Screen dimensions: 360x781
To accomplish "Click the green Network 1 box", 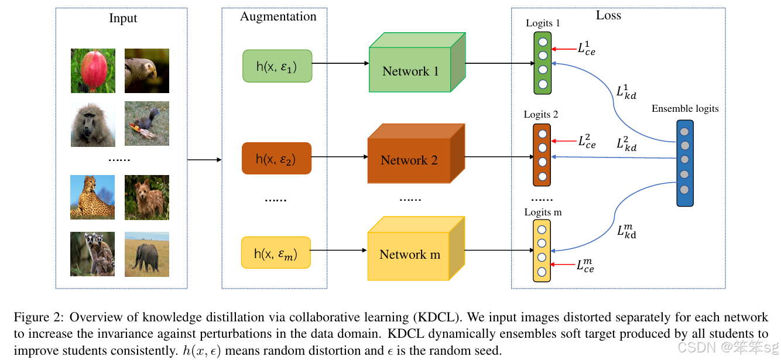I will pyautogui.click(x=410, y=71).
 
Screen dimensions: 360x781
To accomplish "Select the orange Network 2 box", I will pyautogui.click(x=409, y=160).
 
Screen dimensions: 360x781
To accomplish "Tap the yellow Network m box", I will pyautogui.click(x=409, y=255).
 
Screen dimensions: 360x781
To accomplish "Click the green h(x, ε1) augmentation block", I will pyautogui.click(x=277, y=66).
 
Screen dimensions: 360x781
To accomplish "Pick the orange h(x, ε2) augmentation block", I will pyautogui.click(x=276, y=159).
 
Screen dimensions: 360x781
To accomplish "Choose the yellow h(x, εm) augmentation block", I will pyautogui.click(x=276, y=253).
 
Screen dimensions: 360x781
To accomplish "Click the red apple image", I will pyautogui.click(x=93, y=71).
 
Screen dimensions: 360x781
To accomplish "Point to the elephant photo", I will pyautogui.click(x=147, y=254).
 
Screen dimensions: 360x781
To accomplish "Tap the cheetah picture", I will pyautogui.click(x=93, y=197).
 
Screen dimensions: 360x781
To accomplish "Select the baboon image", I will pyautogui.click(x=93, y=124).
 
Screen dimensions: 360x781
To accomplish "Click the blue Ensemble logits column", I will pyautogui.click(x=684, y=163).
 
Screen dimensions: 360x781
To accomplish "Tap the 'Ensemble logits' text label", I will pyautogui.click(x=684, y=109).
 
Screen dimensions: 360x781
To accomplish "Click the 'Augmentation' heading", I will pyautogui.click(x=278, y=16).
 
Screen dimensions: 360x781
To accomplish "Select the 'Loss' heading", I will pyautogui.click(x=608, y=15).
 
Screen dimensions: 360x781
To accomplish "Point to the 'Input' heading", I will pyautogui.click(x=123, y=18).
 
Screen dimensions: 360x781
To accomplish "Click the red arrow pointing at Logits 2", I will pyautogui.click(x=563, y=141).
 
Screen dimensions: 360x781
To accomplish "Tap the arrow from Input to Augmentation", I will pyautogui.click(x=204, y=160).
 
